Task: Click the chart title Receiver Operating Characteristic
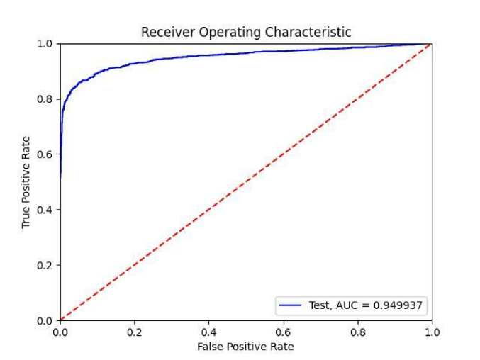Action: click(x=246, y=32)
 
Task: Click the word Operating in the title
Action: click(x=233, y=33)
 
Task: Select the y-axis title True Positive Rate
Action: click(x=26, y=182)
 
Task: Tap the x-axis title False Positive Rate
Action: click(x=246, y=347)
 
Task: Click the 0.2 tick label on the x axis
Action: click(x=135, y=332)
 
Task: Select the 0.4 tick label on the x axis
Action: click(x=209, y=332)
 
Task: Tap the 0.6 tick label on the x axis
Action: click(x=284, y=332)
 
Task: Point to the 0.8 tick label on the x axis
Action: click(x=358, y=332)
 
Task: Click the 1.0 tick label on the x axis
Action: click(x=432, y=332)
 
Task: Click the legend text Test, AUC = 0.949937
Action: click(x=367, y=305)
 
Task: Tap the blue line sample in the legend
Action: click(x=291, y=305)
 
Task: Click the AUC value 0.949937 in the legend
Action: click(x=399, y=305)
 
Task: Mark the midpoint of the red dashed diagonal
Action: click(x=246, y=182)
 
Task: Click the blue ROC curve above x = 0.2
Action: click(x=135, y=64)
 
